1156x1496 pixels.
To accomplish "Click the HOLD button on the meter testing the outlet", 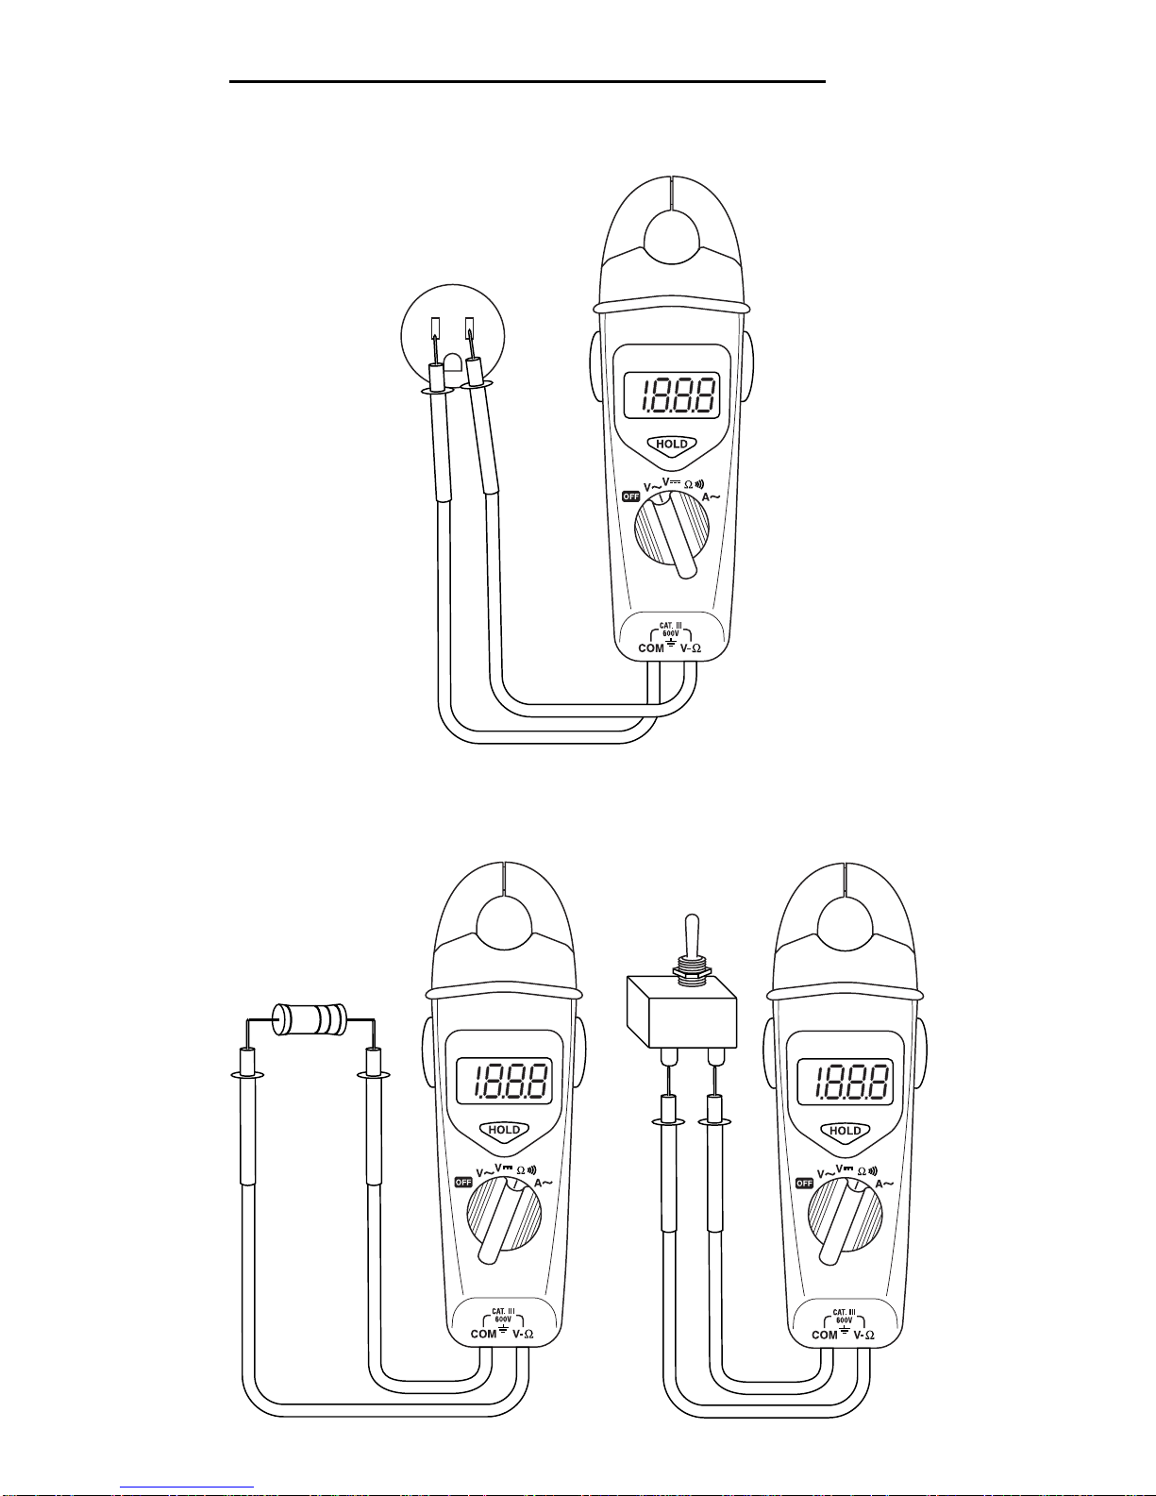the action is (672, 445).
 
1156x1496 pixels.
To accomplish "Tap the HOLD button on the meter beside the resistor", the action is (504, 1130).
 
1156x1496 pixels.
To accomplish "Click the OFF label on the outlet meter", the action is (630, 496).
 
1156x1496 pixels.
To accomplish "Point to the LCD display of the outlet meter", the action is (672, 395).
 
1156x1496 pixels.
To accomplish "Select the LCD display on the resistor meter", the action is (504, 1081).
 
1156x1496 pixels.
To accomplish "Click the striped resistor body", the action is (310, 1019).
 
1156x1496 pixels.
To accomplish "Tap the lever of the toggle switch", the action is (692, 935).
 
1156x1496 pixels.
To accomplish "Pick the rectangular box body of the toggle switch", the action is (681, 1011).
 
